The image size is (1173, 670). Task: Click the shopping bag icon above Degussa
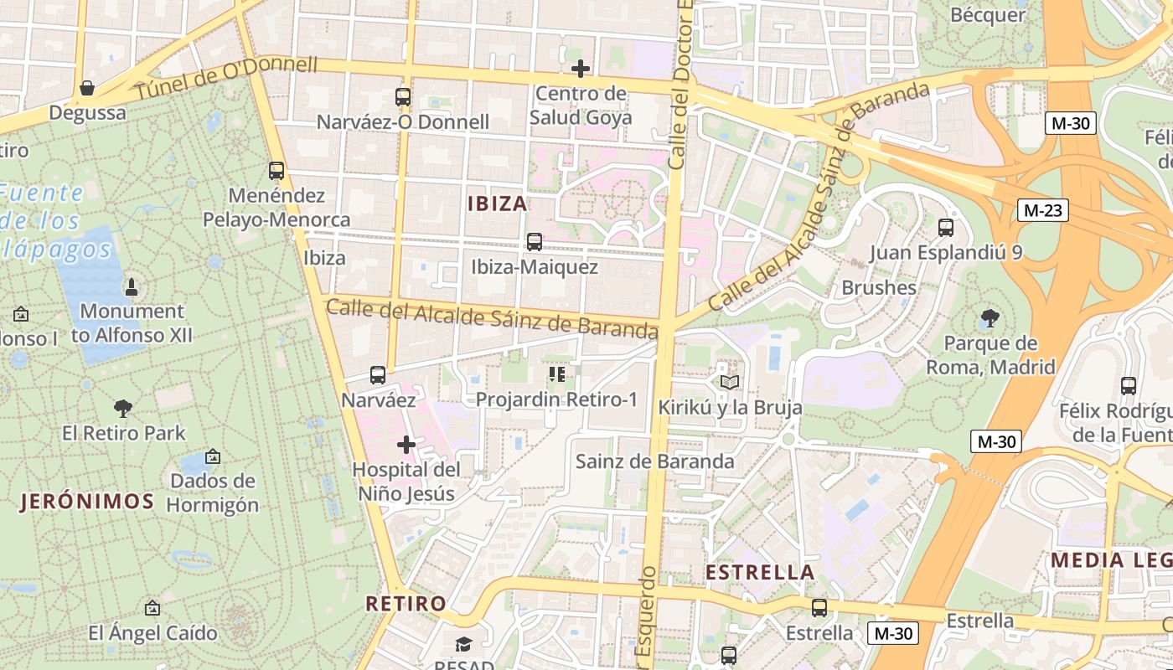[x=86, y=88]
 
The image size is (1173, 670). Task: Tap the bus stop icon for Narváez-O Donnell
[x=403, y=97]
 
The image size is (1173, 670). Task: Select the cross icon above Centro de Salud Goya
[x=580, y=69]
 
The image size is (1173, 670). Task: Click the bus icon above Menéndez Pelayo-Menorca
[x=276, y=171]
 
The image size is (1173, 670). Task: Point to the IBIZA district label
[x=498, y=204]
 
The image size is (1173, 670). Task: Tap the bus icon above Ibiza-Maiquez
[x=535, y=242]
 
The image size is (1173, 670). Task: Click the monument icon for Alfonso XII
[x=131, y=288]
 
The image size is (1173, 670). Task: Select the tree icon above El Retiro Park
[x=123, y=409]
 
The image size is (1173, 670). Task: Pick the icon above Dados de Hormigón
[x=213, y=456]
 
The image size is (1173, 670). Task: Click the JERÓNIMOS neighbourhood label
[x=88, y=502]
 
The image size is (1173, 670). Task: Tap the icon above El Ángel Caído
[x=152, y=608]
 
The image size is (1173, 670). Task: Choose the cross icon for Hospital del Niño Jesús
[x=406, y=444]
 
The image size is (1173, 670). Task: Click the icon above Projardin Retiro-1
[x=557, y=374]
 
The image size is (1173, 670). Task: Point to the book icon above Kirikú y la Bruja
[x=730, y=382]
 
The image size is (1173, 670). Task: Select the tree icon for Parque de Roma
[x=990, y=318]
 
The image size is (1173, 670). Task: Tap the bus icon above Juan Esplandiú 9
[x=946, y=227]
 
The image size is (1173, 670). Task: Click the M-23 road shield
[x=1043, y=210]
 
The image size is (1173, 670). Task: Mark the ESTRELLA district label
[x=760, y=573]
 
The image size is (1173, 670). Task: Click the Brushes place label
[x=879, y=288]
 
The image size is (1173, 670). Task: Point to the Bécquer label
[x=988, y=15]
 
